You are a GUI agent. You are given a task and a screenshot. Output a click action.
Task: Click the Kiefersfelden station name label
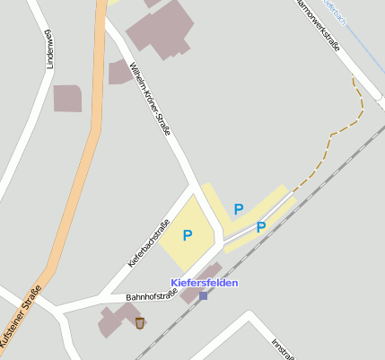(x=205, y=283)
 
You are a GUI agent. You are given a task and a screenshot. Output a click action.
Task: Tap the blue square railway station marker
(x=204, y=295)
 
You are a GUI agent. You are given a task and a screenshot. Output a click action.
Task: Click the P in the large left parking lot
(x=188, y=236)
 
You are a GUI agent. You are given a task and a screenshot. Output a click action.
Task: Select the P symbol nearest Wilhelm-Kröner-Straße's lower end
(x=239, y=209)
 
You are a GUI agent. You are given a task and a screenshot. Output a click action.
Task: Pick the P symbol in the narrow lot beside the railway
(x=261, y=227)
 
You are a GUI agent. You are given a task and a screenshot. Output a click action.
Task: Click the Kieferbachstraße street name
(x=149, y=243)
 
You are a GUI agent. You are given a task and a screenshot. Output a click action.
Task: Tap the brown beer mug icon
(x=140, y=322)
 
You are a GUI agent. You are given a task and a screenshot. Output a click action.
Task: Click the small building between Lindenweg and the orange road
(x=67, y=99)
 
